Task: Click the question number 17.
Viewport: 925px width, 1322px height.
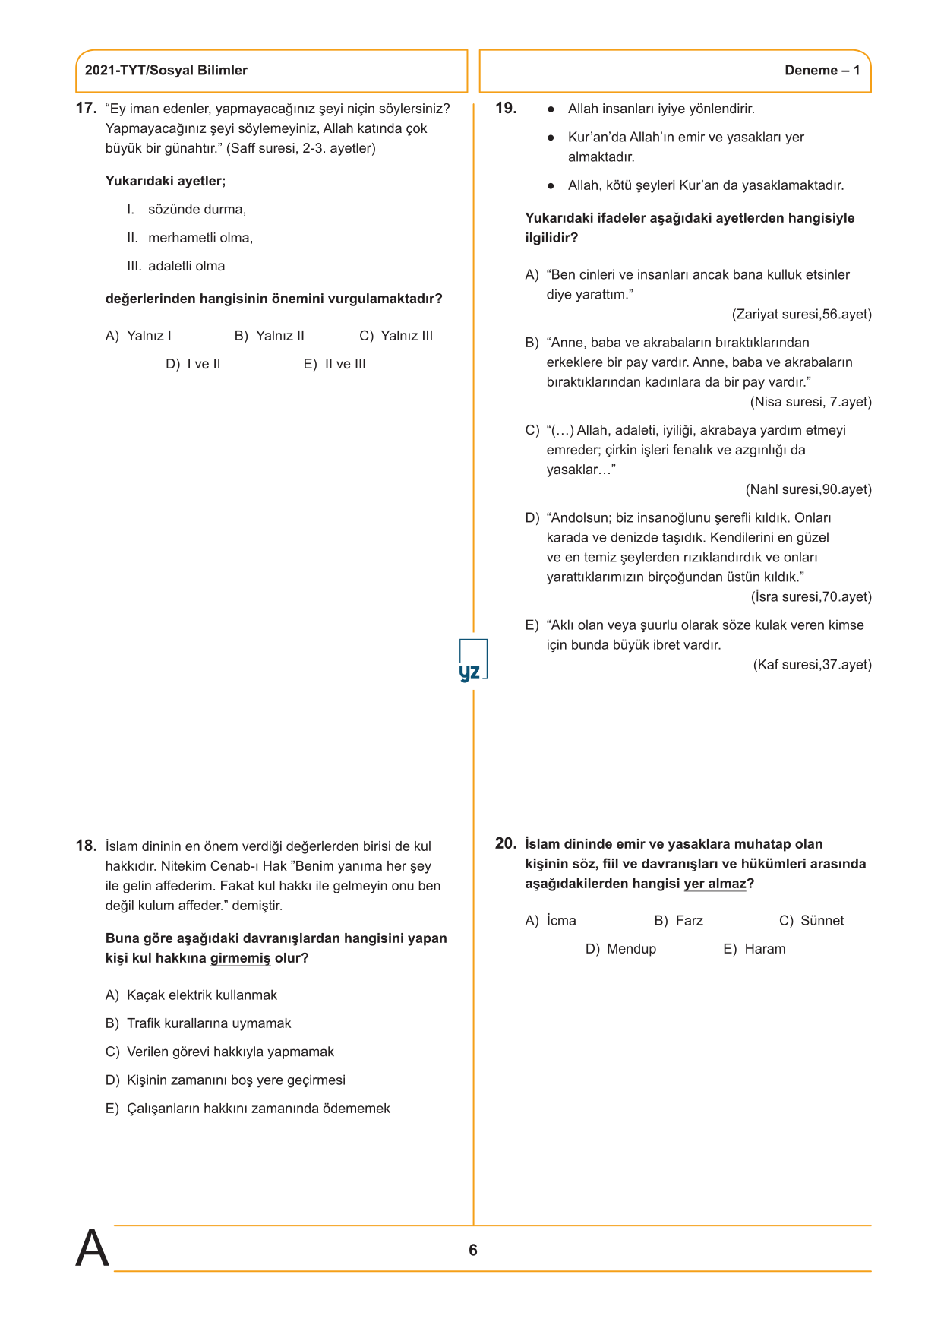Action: tap(86, 109)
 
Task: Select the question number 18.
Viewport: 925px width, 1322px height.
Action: tap(86, 846)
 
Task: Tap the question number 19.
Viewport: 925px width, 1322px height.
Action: tap(506, 109)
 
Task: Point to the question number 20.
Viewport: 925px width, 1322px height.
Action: tap(506, 843)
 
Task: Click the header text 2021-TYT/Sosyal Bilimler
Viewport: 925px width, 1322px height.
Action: tap(166, 71)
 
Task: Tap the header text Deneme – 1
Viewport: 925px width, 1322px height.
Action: tap(822, 71)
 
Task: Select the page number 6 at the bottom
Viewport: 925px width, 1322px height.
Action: tap(473, 1250)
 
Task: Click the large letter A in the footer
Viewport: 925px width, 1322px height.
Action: tap(92, 1248)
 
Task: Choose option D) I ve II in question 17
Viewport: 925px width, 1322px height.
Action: tap(193, 365)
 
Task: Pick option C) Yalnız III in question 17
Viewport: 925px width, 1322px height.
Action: tap(396, 336)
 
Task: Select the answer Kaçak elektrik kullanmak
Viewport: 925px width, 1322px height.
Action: tap(201, 995)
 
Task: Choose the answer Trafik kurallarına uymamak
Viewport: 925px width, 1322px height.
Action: tap(209, 1023)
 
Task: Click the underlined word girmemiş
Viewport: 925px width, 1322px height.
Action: tap(240, 958)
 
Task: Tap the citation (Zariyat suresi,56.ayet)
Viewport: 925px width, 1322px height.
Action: tap(801, 315)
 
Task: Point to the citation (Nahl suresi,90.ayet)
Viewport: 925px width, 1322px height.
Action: tap(808, 489)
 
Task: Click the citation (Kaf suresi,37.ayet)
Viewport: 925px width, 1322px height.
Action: tap(812, 665)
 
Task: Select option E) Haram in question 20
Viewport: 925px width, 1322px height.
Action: tap(754, 949)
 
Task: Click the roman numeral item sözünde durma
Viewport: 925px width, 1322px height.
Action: tap(197, 210)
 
